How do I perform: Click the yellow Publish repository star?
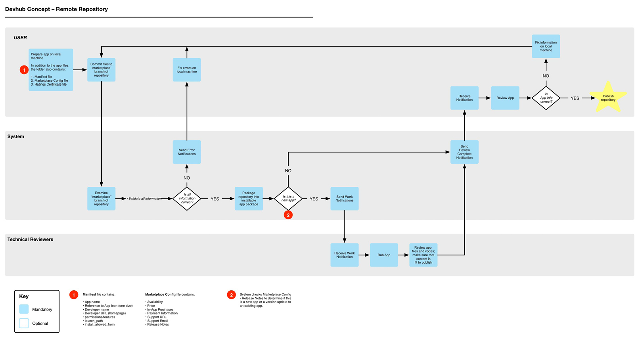click(x=608, y=98)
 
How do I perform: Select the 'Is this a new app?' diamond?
click(x=288, y=199)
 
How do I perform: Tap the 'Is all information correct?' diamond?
click(x=187, y=199)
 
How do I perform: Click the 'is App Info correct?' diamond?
click(x=546, y=98)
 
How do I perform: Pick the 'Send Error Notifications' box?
click(x=187, y=152)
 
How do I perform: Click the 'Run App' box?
click(x=384, y=255)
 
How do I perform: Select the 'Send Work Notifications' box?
click(x=345, y=199)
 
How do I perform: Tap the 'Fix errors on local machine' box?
click(x=187, y=70)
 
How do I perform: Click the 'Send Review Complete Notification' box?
click(x=464, y=152)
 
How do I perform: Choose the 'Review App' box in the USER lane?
click(x=505, y=98)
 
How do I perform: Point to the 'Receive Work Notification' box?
click(x=345, y=255)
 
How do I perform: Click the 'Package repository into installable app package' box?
click(x=249, y=199)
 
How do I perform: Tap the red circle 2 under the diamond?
click(x=288, y=215)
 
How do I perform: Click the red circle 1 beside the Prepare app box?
click(x=24, y=70)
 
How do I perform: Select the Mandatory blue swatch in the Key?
click(x=24, y=309)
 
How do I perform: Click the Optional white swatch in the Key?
click(x=24, y=323)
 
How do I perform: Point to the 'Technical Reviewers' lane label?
click(x=30, y=239)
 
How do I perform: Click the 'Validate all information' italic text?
click(x=145, y=199)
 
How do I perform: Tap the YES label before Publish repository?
click(x=575, y=98)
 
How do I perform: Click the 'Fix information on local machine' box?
click(x=546, y=46)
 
